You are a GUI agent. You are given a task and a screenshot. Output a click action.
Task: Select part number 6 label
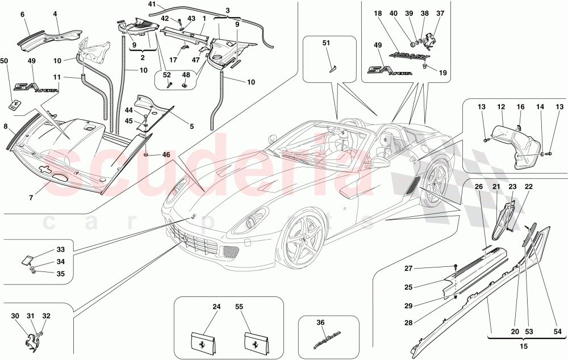[22, 15]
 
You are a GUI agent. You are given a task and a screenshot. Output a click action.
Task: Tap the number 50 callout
[5, 60]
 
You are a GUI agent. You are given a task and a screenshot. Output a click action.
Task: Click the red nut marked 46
[147, 154]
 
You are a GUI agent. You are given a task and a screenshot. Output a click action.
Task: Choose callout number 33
[61, 249]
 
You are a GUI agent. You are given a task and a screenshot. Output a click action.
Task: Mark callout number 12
[501, 106]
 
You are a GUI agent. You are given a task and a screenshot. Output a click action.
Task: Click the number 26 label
[478, 186]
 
